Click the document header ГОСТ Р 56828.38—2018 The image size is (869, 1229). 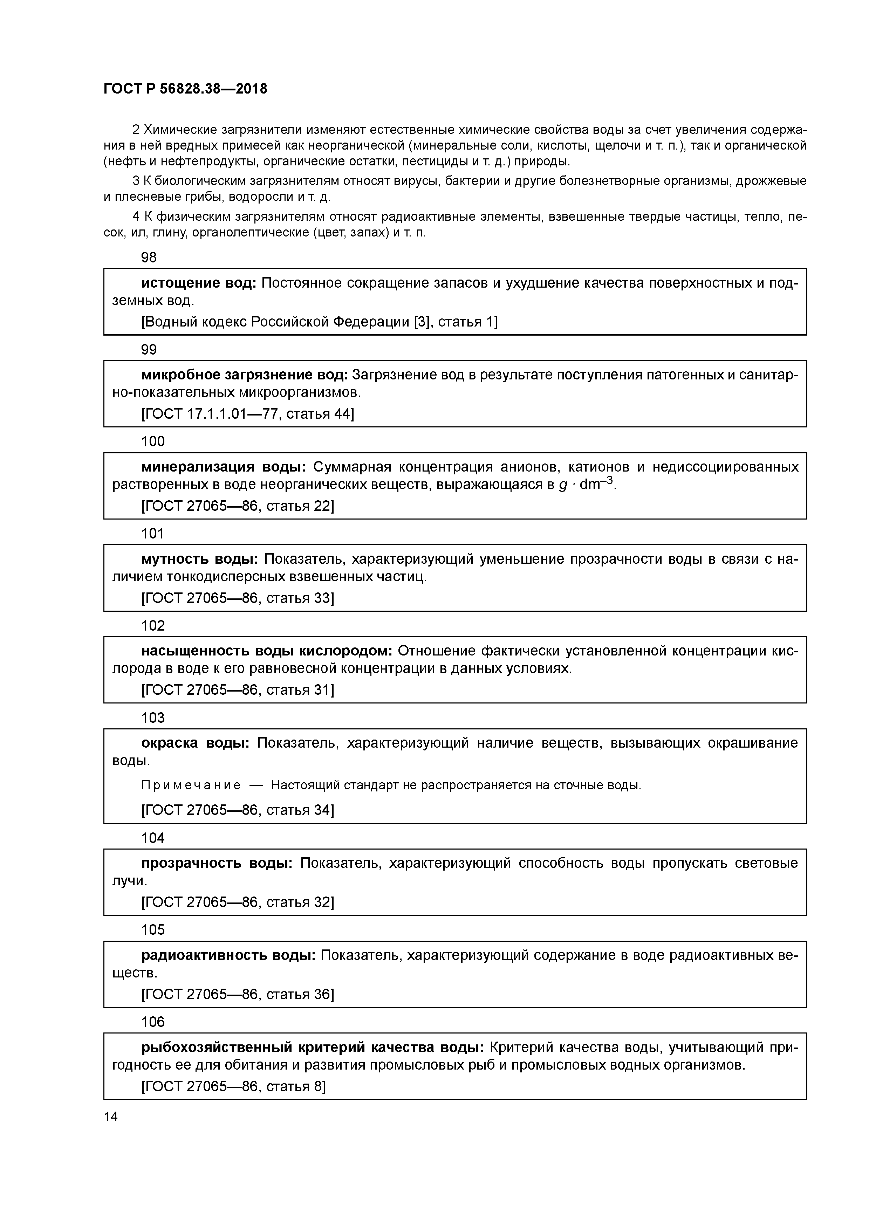pos(185,89)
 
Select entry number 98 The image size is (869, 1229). pos(149,258)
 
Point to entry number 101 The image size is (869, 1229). pos(152,534)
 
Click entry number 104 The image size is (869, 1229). pos(152,838)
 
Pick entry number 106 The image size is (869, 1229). pos(152,1022)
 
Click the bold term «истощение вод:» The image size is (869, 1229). pos(199,283)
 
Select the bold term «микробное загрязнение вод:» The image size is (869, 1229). pos(244,375)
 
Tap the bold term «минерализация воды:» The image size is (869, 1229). pos(223,467)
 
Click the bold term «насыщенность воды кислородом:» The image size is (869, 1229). pos(267,651)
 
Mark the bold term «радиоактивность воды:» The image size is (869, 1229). pos(228,955)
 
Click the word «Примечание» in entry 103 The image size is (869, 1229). pos(191,785)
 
